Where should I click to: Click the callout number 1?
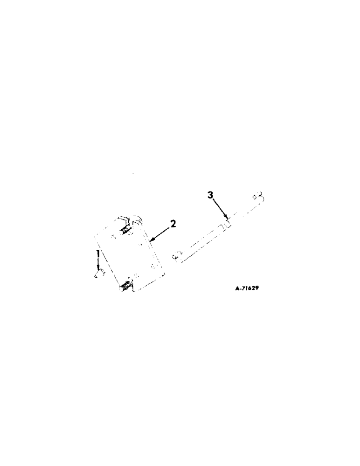pos(98,255)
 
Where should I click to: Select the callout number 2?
pos(173,224)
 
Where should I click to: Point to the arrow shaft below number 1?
pos(98,265)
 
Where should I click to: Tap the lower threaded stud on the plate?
pos(126,286)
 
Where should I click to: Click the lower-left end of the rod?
pos(176,255)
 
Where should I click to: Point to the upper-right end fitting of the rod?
pos(258,196)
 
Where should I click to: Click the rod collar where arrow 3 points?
pos(228,224)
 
